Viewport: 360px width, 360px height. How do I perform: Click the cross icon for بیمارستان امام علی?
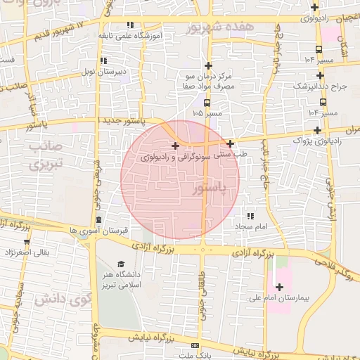279,287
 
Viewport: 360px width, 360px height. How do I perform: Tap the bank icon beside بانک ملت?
195,347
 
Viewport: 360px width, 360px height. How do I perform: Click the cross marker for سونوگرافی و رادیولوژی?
174,146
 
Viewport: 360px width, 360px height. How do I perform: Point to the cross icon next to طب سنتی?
230,143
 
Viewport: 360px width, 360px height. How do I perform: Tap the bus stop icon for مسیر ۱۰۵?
205,102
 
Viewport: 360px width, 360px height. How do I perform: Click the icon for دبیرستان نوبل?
104,61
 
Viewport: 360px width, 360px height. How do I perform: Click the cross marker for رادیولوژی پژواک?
318,130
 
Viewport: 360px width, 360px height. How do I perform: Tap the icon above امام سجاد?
251,215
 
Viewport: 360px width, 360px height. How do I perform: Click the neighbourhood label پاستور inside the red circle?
209,188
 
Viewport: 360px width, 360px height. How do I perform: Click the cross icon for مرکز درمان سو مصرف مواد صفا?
209,65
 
